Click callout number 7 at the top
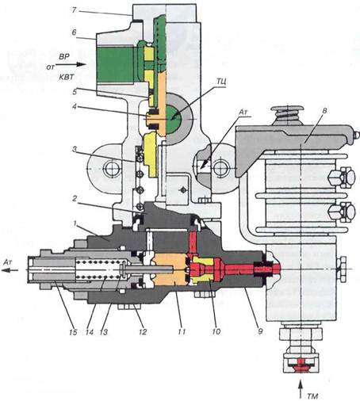point(75,11)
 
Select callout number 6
point(75,32)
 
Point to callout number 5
point(75,92)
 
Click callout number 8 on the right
point(325,111)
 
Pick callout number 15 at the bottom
point(73,332)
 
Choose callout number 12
point(143,332)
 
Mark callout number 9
point(260,331)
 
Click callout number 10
point(216,331)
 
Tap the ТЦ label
point(221,82)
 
